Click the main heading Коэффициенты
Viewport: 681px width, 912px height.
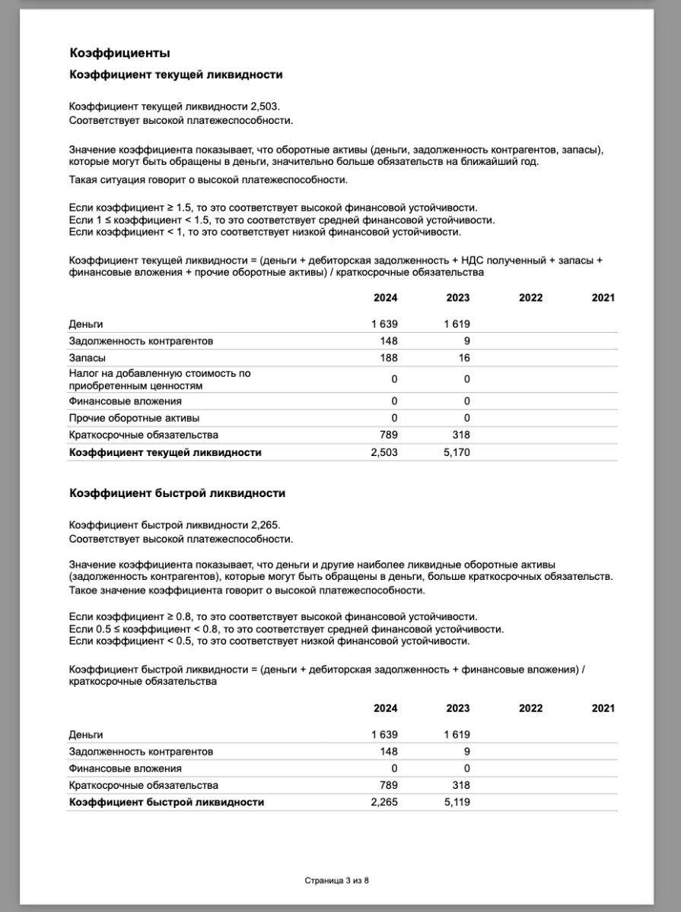pyautogui.click(x=119, y=53)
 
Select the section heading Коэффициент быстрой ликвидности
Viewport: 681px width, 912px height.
pyautogui.click(x=177, y=493)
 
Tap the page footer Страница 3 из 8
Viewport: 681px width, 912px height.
pyautogui.click(x=336, y=881)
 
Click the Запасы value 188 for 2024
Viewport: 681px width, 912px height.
pyautogui.click(x=389, y=358)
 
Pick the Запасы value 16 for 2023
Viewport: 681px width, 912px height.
pyautogui.click(x=463, y=358)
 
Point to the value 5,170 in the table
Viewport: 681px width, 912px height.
pyautogui.click(x=457, y=452)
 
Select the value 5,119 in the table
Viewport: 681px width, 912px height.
pyautogui.click(x=457, y=802)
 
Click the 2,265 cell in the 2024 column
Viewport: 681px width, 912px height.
pyautogui.click(x=384, y=802)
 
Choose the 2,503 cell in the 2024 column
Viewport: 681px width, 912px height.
pyautogui.click(x=384, y=452)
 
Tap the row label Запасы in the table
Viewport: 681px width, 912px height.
pyautogui.click(x=87, y=358)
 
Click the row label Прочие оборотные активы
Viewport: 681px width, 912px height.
pyautogui.click(x=127, y=418)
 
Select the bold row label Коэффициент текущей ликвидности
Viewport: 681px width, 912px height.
pyautogui.click(x=165, y=452)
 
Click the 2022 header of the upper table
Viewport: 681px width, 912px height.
pyautogui.click(x=530, y=298)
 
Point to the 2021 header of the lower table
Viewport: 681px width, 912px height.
pyautogui.click(x=603, y=708)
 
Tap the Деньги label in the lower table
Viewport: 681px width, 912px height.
pyautogui.click(x=85, y=735)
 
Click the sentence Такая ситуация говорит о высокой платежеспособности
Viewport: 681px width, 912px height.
pyautogui.click(x=208, y=180)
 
